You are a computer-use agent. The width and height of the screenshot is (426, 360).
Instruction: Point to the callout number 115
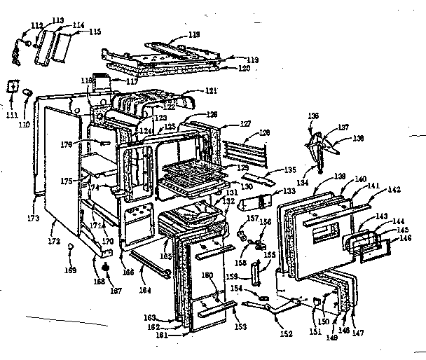point(95,32)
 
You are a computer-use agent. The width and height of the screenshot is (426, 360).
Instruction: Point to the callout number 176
point(88,146)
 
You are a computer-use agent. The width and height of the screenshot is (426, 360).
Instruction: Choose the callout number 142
point(394,190)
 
